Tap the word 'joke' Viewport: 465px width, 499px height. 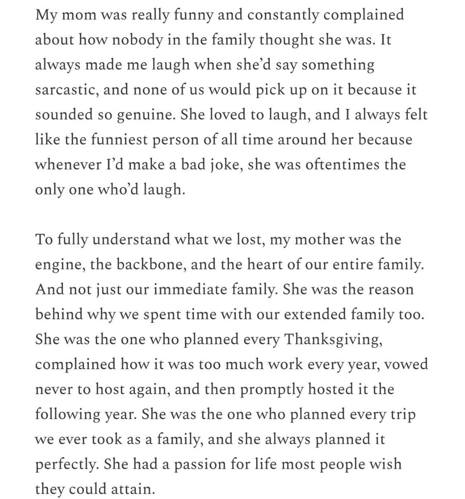219,165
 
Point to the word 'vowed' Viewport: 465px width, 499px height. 406,364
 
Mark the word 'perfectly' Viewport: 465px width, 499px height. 67,465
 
